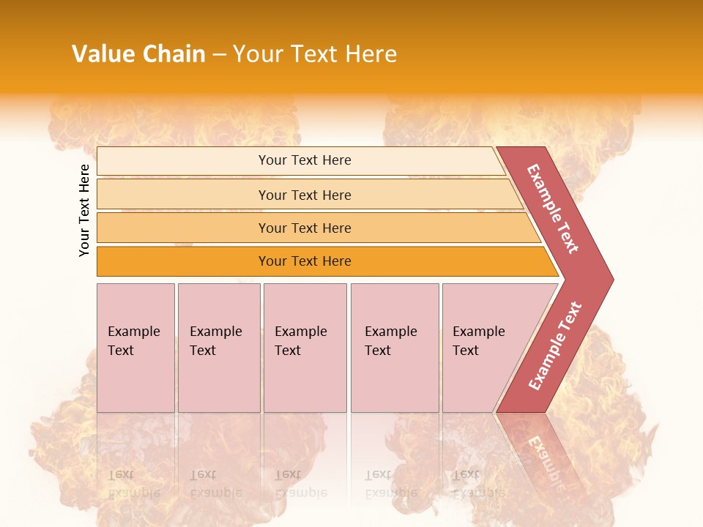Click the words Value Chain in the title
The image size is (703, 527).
pyautogui.click(x=138, y=54)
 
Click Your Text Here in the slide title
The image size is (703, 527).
pyautogui.click(x=315, y=54)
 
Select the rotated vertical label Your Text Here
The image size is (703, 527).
pyautogui.click(x=84, y=210)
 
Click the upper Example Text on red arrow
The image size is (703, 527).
pyautogui.click(x=553, y=209)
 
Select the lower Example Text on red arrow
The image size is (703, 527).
pyautogui.click(x=555, y=346)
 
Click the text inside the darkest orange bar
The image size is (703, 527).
pyautogui.click(x=305, y=261)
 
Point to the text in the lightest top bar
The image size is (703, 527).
pyautogui.click(x=305, y=160)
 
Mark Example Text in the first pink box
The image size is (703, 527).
pyautogui.click(x=133, y=341)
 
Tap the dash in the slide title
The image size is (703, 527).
pyautogui.click(x=219, y=55)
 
